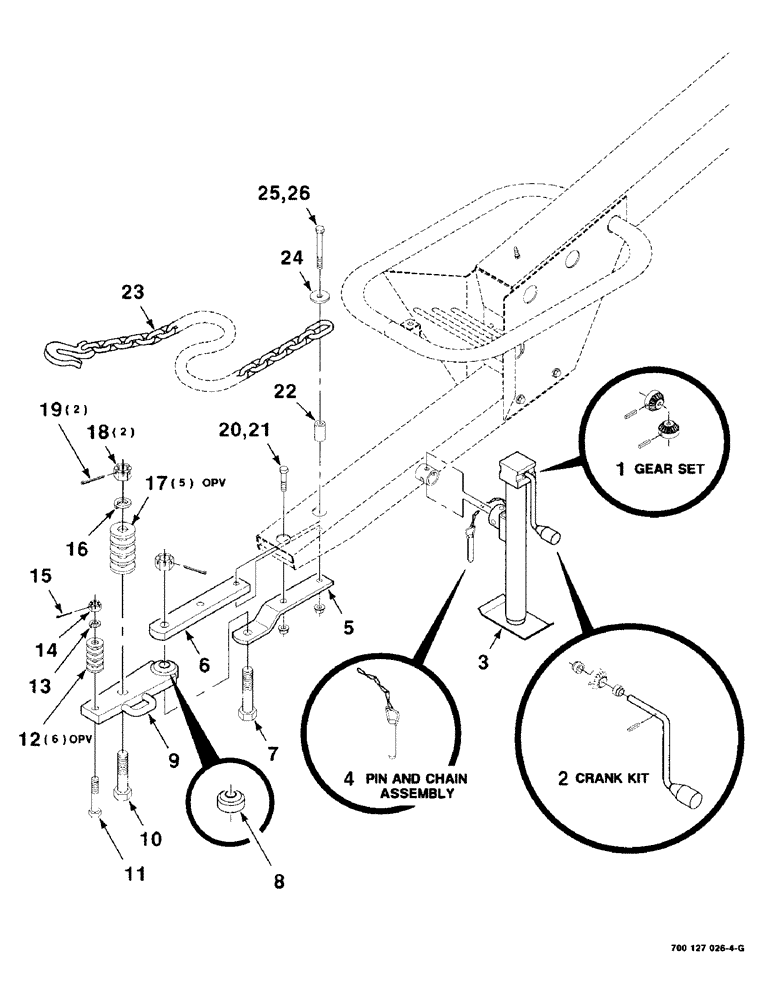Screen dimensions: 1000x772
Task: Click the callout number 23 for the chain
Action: pos(133,292)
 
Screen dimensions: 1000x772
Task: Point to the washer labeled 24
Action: pos(320,295)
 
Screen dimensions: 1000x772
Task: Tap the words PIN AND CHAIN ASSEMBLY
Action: pos(392,785)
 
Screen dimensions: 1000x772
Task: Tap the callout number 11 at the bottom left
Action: pos(134,873)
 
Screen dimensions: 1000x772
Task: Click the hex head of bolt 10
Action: pos(124,793)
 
